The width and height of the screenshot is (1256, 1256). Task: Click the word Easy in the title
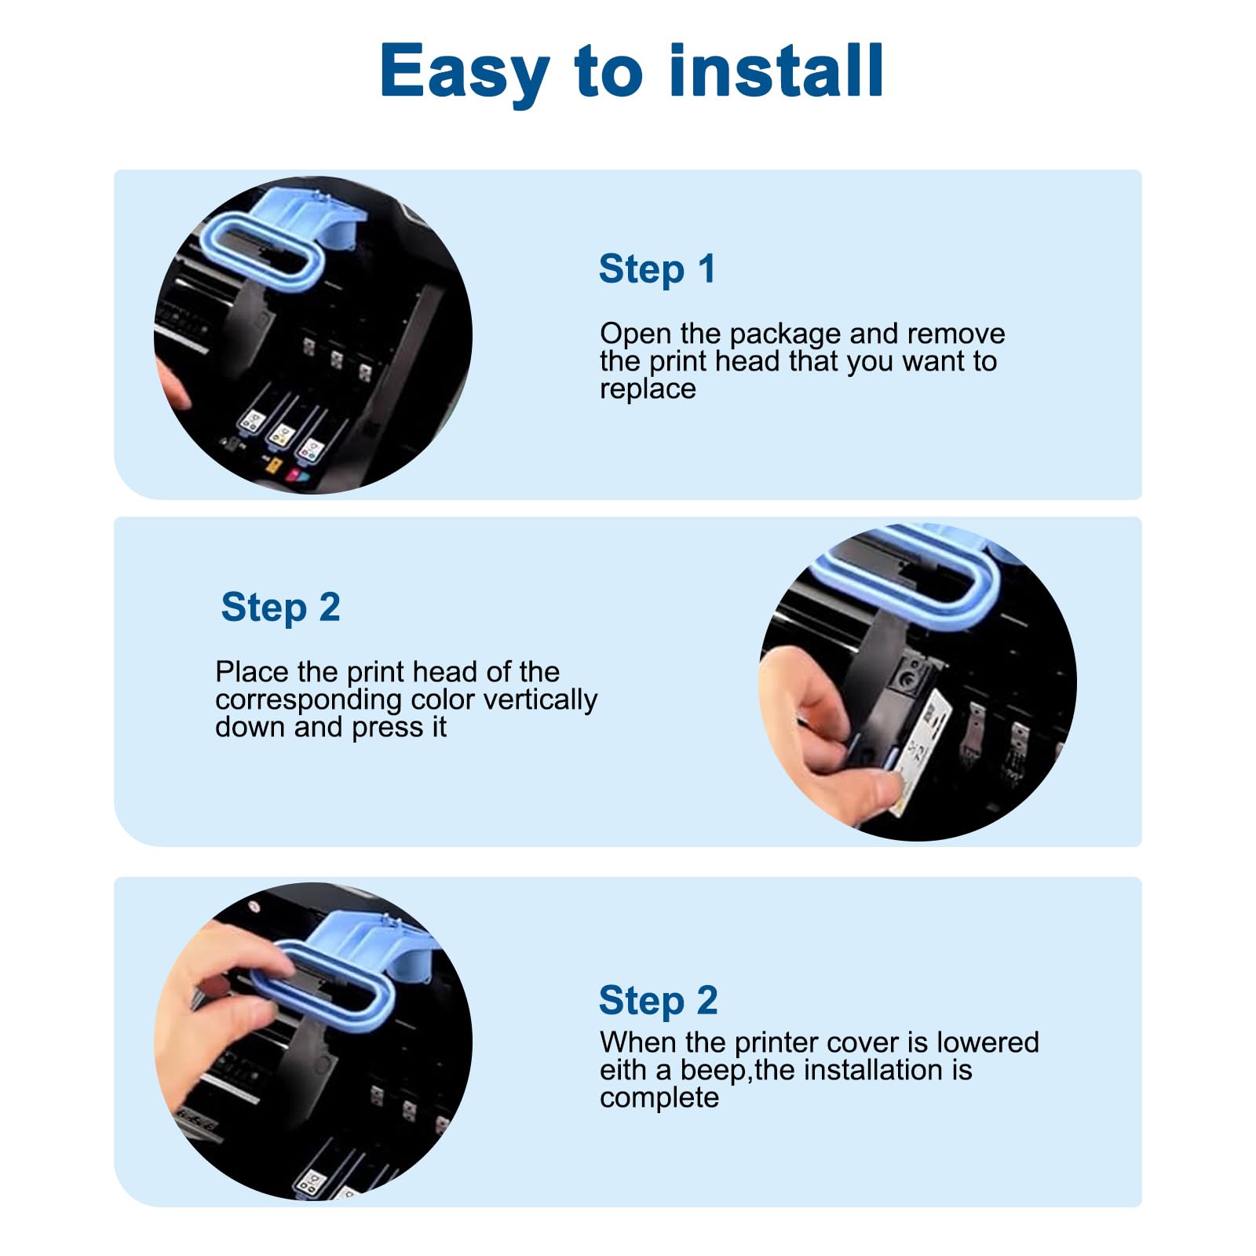[464, 72]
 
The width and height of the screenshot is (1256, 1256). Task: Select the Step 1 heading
[657, 269]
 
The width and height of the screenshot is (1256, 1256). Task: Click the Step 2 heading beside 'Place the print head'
[280, 608]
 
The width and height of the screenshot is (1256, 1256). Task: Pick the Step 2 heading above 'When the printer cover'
[658, 1001]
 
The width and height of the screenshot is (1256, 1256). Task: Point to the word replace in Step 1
[648, 389]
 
